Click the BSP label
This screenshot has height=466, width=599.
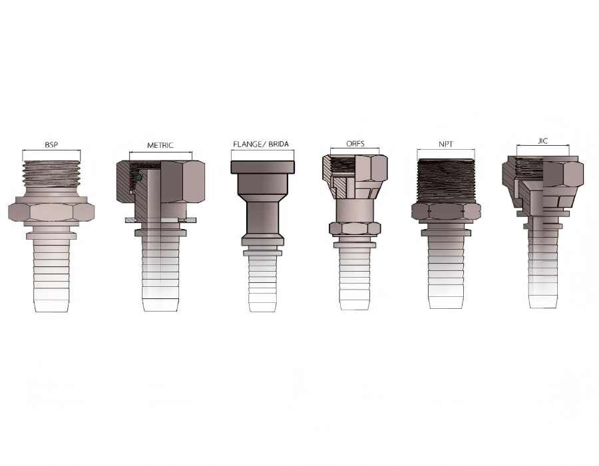pos(51,144)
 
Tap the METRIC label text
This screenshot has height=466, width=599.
pos(160,145)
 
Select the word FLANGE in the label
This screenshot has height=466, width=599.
pos(247,144)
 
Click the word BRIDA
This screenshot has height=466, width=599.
pos(278,144)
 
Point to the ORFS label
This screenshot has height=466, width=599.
pos(355,144)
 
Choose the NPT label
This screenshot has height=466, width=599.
pos(446,144)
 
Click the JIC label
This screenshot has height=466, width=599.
pos(542,141)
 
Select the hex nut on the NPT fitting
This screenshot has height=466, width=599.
pos(446,211)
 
